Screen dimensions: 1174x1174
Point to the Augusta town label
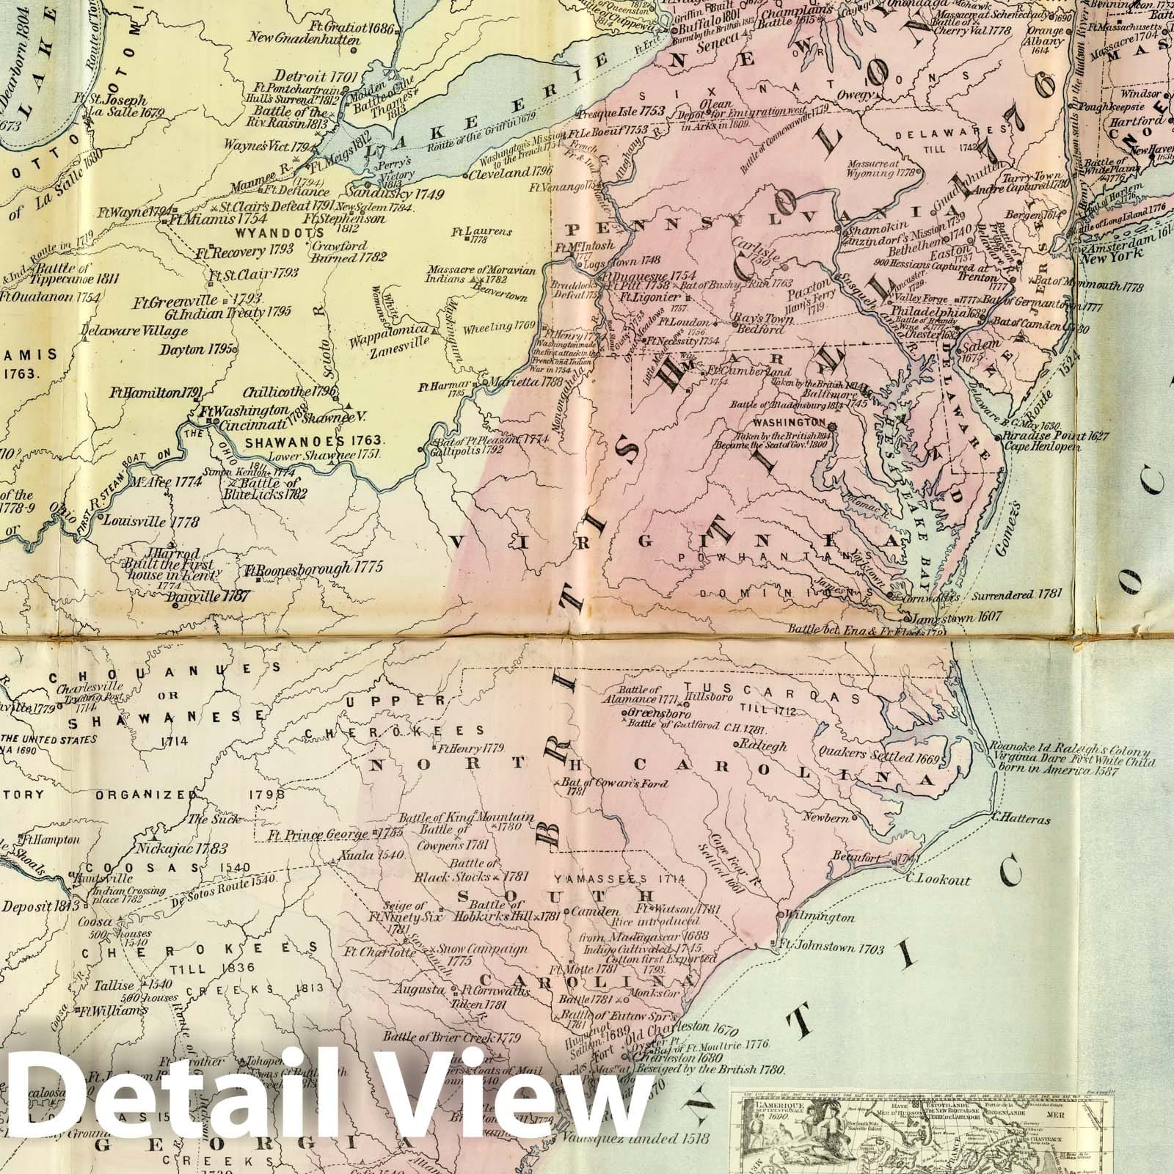[420, 990]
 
